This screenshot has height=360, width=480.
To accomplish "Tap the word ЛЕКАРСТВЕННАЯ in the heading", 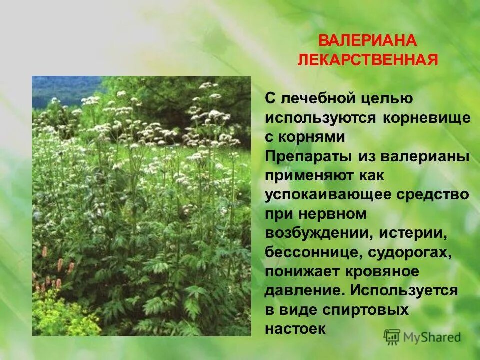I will pyautogui.click(x=368, y=60).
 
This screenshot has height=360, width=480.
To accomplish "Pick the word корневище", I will pyautogui.click(x=427, y=118).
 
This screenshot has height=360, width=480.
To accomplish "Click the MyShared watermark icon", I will pyautogui.click(x=392, y=336).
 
